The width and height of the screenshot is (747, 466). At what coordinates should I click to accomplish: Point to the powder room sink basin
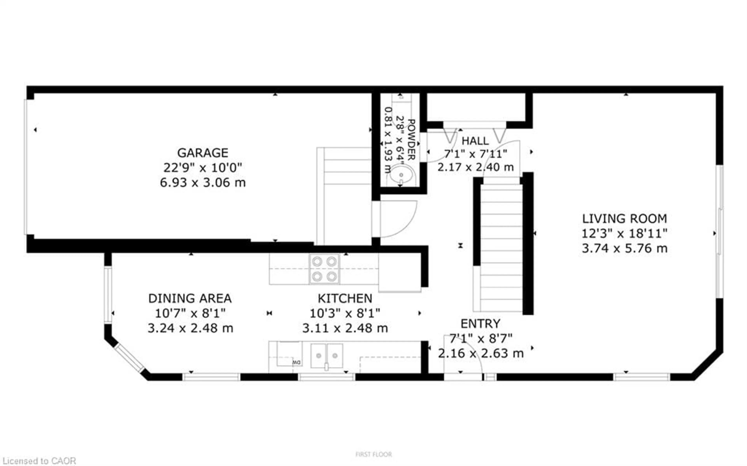(401, 175)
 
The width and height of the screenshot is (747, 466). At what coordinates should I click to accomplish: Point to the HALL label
(475, 141)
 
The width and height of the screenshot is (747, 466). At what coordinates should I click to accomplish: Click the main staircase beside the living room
(501, 247)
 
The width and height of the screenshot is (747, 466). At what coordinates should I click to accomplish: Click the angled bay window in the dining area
(129, 358)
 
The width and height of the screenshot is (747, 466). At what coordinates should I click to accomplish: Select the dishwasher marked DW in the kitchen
(289, 355)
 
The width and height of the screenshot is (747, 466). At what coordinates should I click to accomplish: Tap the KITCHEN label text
(345, 298)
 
